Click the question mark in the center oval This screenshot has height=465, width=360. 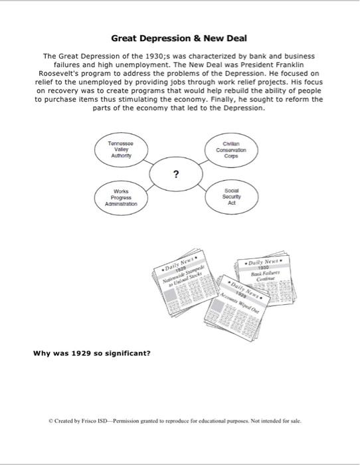click(175, 175)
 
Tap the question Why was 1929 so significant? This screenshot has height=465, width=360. click(92, 353)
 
